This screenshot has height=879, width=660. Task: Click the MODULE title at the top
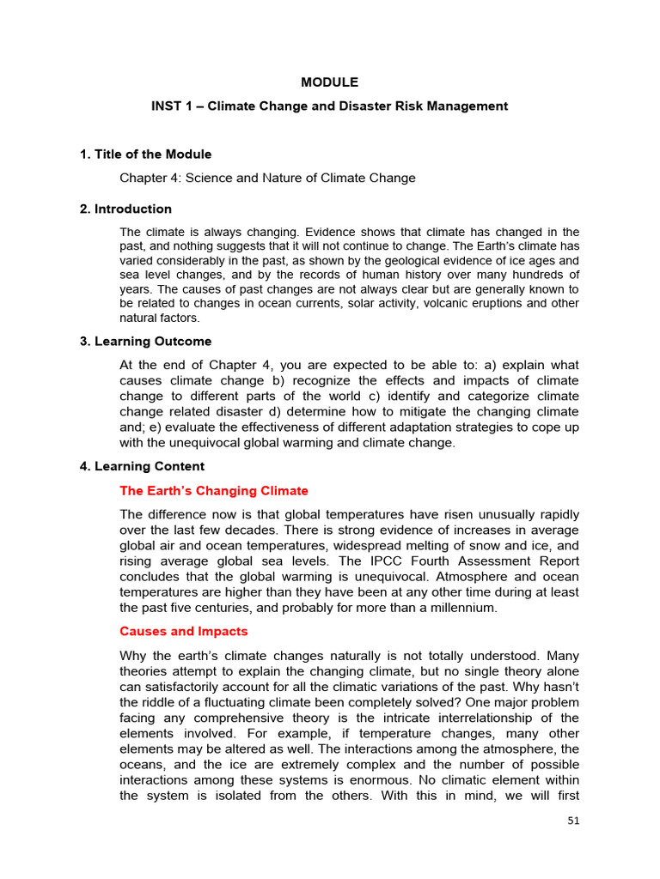coord(329,82)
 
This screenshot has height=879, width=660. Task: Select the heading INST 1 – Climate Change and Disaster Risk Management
coord(329,106)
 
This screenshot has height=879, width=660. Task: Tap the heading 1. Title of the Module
coord(145,155)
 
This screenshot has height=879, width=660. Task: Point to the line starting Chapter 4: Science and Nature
coord(267,178)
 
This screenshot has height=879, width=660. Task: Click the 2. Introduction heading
coord(125,209)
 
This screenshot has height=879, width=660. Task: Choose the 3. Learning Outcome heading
coord(145,342)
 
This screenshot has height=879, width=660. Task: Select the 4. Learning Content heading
coord(142,467)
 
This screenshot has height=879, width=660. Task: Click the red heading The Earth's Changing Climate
coord(213,491)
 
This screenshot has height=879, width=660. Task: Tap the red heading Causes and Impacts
coord(183,631)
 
